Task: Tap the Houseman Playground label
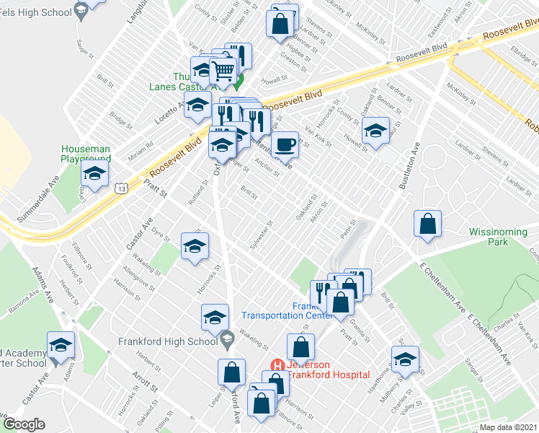click(x=86, y=153)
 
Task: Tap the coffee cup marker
click(x=285, y=144)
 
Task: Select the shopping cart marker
click(x=224, y=71)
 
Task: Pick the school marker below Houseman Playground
click(x=94, y=174)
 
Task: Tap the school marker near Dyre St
click(x=195, y=247)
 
